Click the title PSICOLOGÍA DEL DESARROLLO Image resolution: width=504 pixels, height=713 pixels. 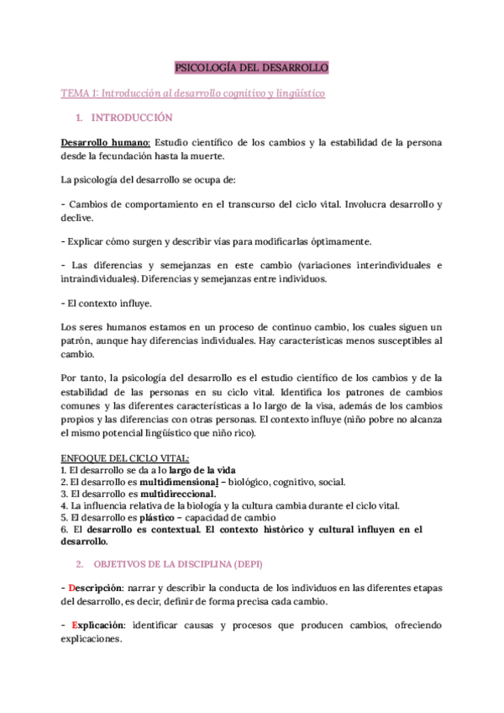coord(251,66)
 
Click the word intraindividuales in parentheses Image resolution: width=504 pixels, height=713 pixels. coord(99,279)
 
